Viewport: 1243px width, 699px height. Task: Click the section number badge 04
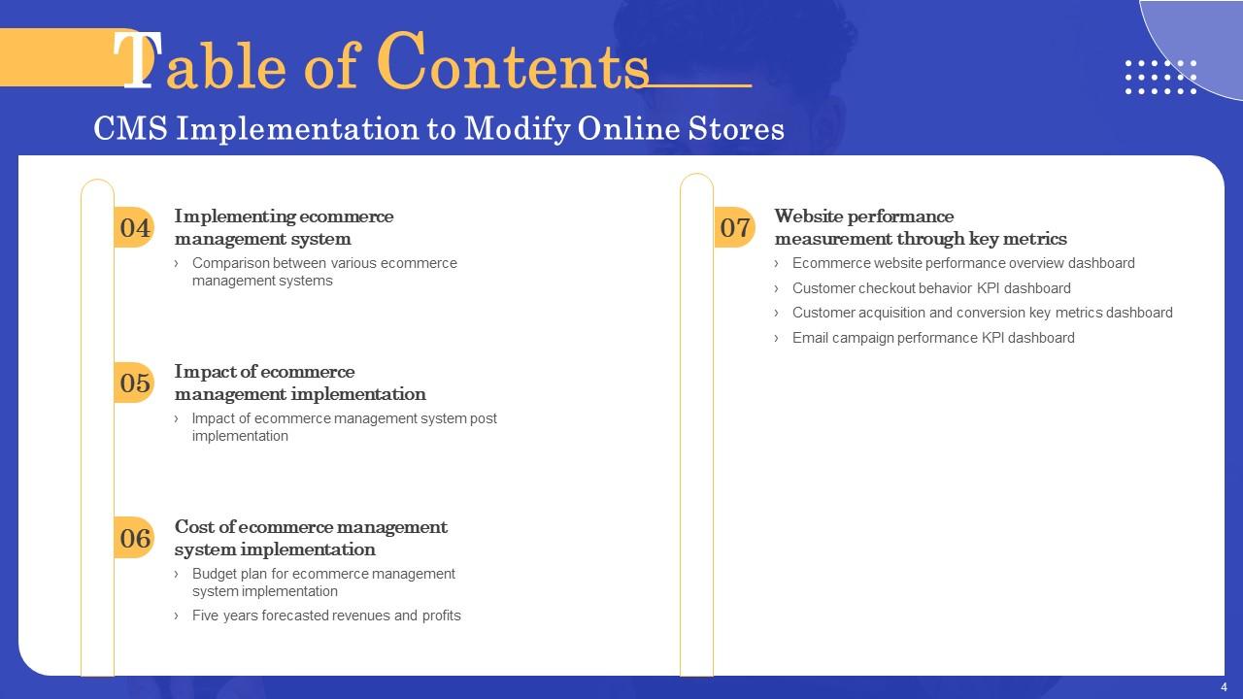point(134,227)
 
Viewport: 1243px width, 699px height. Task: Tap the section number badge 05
point(134,383)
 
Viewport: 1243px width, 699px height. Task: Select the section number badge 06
point(134,538)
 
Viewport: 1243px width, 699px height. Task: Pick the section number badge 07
point(734,227)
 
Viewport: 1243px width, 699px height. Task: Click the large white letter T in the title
point(137,60)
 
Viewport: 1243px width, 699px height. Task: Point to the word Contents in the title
point(513,61)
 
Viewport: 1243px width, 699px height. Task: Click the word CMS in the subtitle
point(130,128)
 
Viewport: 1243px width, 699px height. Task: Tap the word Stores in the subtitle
point(736,128)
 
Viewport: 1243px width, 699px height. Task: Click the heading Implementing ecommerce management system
point(284,227)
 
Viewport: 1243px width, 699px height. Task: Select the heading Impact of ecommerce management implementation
point(300,383)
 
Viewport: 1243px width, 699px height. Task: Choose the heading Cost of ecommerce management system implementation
point(311,538)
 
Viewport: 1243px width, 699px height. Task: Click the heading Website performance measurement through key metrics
point(921,227)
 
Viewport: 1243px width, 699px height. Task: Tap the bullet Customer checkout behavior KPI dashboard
point(931,288)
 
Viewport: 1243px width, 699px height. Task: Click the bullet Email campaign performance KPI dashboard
point(933,338)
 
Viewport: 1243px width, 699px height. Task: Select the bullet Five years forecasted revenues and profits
point(326,616)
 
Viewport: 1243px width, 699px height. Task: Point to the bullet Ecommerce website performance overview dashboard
point(963,263)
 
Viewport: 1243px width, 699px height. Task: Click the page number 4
point(1225,686)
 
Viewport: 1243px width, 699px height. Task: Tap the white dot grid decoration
point(1160,77)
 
